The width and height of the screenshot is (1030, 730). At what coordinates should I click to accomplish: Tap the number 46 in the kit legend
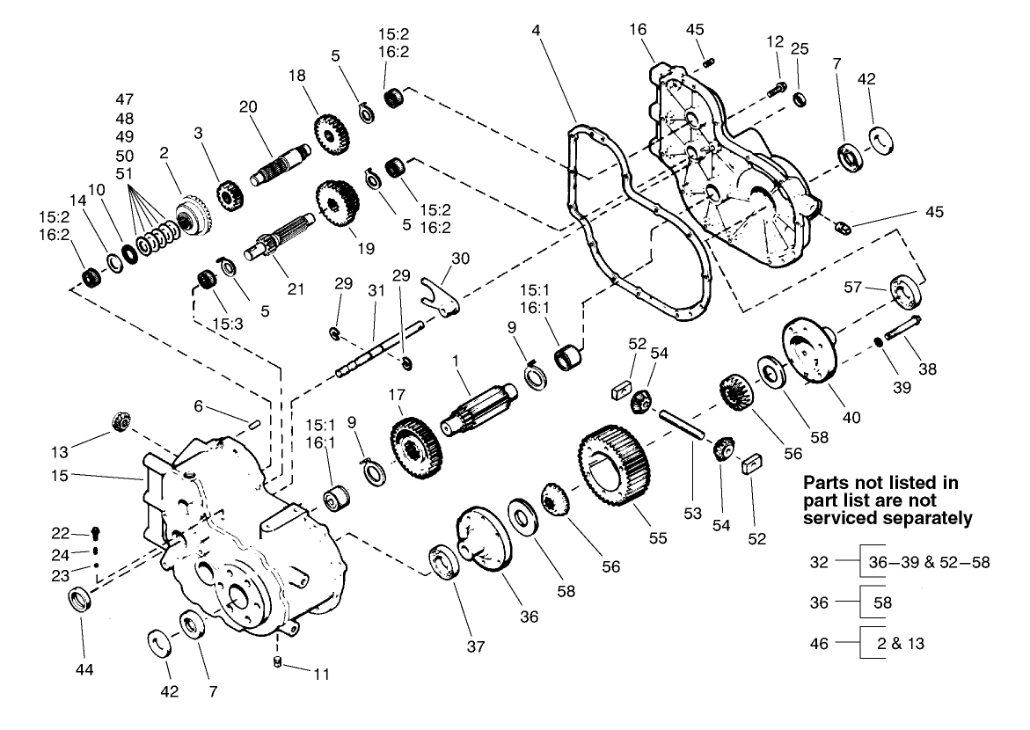point(819,643)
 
